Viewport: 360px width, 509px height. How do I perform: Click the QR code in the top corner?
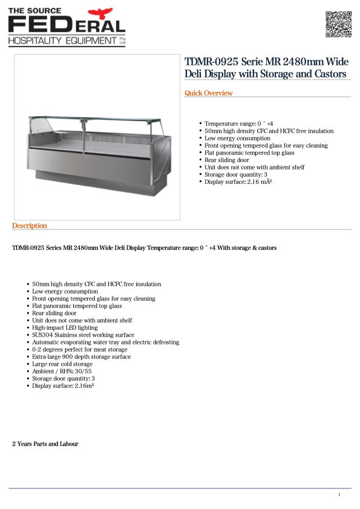[338, 24]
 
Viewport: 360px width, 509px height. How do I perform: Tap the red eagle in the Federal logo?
[100, 13]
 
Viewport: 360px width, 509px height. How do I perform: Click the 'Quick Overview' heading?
[209, 93]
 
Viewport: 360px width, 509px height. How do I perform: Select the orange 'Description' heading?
[30, 226]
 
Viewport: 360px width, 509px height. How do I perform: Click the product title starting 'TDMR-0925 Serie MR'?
[266, 68]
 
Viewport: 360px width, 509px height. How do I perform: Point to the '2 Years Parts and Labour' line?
[45, 444]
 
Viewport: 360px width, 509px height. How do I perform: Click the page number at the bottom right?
[339, 495]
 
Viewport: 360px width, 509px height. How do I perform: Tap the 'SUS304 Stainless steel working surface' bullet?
[83, 335]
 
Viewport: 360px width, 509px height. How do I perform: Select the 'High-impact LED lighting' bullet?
[65, 327]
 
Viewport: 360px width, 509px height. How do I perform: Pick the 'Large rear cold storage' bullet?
[62, 364]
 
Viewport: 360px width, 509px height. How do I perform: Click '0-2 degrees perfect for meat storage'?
[80, 349]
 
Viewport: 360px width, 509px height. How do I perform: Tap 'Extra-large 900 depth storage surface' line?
[82, 356]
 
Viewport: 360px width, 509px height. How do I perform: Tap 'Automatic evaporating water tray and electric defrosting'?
[106, 342]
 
